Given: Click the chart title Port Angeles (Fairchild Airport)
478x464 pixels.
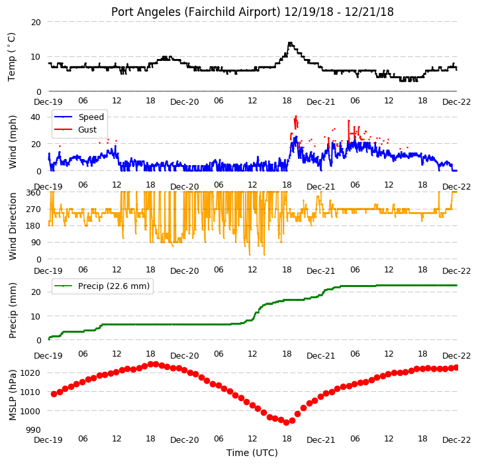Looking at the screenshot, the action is tap(196, 12).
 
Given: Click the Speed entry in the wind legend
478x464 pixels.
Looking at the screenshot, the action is tap(91, 117).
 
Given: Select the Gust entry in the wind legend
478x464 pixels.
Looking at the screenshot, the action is tap(87, 130).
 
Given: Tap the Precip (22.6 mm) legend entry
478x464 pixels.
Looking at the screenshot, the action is tap(114, 286).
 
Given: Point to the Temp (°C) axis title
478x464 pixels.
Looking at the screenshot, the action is tap(11, 57).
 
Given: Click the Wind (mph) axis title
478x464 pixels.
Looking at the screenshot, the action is tap(12, 142).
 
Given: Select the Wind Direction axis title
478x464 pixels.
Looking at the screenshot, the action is tap(12, 226).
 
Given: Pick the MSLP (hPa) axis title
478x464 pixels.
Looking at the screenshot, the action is tap(12, 395).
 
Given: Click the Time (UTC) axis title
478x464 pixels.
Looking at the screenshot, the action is tap(252, 453).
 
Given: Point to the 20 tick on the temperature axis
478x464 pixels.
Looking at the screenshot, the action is tap(36, 23).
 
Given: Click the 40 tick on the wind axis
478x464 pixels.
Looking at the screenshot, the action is tap(36, 117).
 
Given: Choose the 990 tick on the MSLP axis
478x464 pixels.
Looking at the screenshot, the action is tap(34, 430).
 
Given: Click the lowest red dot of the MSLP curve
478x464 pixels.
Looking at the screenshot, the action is tap(286, 422).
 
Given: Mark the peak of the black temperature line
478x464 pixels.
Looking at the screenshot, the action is tap(290, 43).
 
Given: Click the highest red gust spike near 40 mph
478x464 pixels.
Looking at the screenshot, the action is tap(296, 117).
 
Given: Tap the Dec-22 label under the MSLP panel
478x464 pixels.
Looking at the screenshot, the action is tap(457, 440).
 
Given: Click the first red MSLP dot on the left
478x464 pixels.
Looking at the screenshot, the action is tap(54, 394).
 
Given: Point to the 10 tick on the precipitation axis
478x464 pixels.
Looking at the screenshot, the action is tap(36, 317).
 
